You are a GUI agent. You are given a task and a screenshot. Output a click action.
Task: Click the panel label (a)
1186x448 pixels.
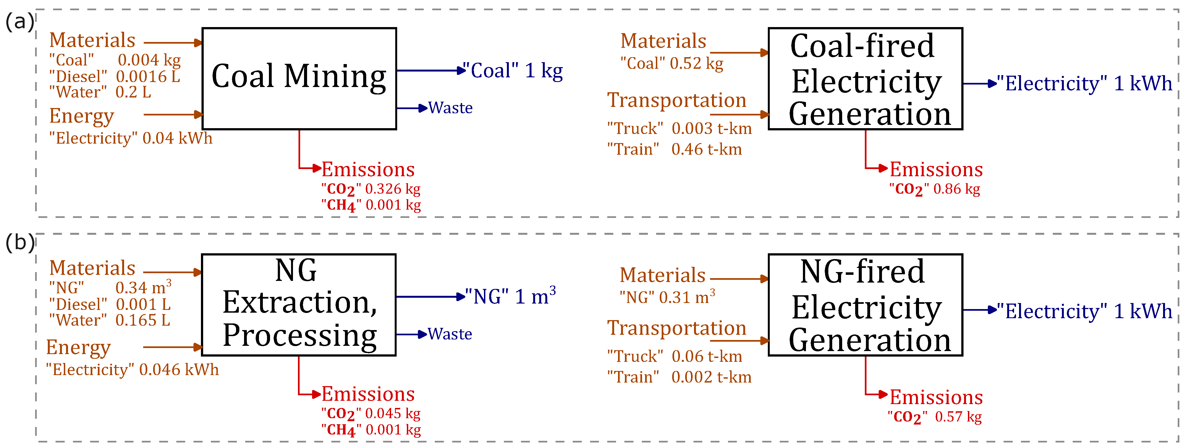click(x=19, y=22)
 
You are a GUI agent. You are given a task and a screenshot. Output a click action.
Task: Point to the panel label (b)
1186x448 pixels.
click(x=19, y=243)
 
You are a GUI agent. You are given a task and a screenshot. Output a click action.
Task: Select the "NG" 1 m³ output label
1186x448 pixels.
click(x=510, y=296)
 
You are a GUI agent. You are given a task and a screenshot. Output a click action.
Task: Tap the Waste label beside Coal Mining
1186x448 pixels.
click(x=450, y=108)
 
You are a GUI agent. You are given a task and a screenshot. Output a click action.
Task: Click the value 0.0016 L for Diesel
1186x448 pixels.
click(x=148, y=76)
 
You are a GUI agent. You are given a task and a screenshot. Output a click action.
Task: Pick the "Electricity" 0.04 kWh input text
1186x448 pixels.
click(x=131, y=138)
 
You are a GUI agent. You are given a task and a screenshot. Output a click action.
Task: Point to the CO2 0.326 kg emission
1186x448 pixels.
click(x=371, y=189)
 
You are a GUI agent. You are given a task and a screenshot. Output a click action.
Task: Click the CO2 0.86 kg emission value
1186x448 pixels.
click(x=934, y=189)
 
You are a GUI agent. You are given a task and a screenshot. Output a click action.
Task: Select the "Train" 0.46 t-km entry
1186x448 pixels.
click(x=674, y=149)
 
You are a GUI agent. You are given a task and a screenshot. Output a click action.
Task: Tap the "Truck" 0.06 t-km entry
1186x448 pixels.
click(x=674, y=356)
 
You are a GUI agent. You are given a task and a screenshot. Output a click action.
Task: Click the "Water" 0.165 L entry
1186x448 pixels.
click(x=109, y=320)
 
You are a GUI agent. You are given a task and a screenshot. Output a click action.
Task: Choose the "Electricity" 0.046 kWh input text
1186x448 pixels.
click(x=132, y=369)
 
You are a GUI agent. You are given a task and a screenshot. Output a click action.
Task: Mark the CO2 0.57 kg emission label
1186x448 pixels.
click(x=934, y=417)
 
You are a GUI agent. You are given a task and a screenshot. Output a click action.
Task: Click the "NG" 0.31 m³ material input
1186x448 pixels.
click(x=667, y=297)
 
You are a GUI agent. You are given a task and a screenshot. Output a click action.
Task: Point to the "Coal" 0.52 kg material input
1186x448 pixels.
click(x=672, y=64)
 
